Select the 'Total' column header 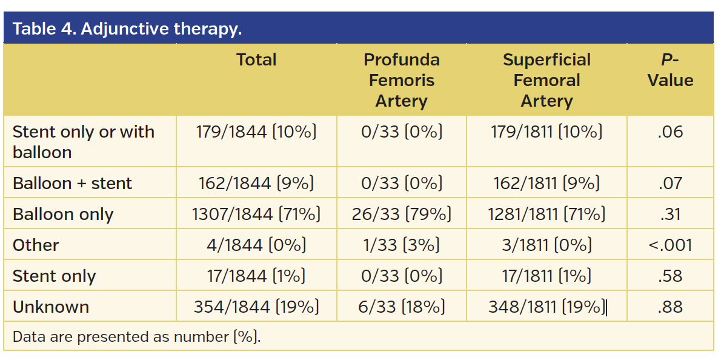[x=256, y=60]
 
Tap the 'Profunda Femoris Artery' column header [x=401, y=80]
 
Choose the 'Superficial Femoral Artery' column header [x=547, y=80]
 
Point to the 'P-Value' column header [x=670, y=70]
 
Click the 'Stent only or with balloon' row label [x=84, y=142]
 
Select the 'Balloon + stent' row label [x=72, y=183]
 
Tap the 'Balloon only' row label [x=63, y=215]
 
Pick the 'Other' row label [x=36, y=245]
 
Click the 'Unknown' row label [x=51, y=307]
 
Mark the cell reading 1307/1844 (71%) [x=256, y=215]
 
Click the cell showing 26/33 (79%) [x=401, y=215]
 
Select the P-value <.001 [x=670, y=245]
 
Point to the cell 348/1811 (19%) [x=547, y=307]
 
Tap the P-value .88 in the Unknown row [x=670, y=307]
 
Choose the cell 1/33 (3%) [x=401, y=245]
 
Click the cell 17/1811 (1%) [x=547, y=276]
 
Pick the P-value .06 [x=670, y=132]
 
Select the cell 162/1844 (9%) [x=256, y=183]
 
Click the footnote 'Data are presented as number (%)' [x=136, y=337]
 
